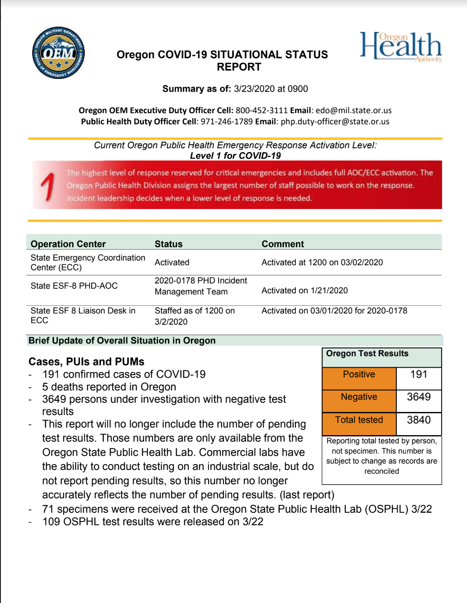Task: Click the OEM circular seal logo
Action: tap(58, 53)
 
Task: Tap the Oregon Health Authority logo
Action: tap(401, 46)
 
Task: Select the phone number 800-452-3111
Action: tap(262, 110)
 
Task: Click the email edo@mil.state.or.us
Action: tap(353, 110)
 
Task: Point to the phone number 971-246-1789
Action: tap(226, 121)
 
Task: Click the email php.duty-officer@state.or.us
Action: tap(335, 121)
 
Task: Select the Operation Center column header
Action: tap(68, 244)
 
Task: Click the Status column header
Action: tap(169, 244)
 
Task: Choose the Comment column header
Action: tap(283, 244)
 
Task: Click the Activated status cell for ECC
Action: tap(172, 262)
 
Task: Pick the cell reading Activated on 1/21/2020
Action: tap(305, 291)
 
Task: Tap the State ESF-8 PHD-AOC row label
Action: tap(74, 286)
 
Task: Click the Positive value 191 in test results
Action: tap(419, 374)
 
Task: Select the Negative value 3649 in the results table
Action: tap(419, 397)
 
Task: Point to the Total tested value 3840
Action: tap(419, 420)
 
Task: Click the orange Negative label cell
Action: tap(359, 397)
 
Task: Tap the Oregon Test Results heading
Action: tap(367, 354)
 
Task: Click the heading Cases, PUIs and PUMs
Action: tap(86, 362)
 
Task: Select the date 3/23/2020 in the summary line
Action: tap(255, 89)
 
